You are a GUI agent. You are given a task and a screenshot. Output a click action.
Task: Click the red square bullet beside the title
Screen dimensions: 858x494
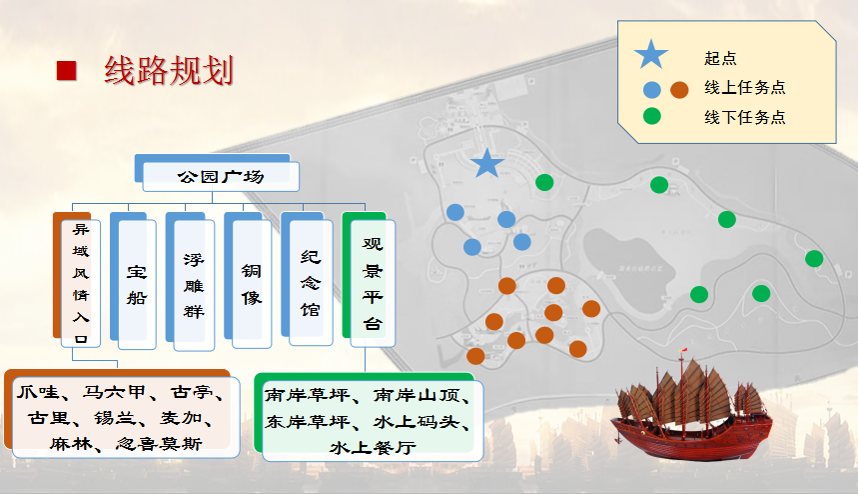point(66,71)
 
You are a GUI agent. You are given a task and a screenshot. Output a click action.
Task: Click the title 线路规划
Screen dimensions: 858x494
point(169,71)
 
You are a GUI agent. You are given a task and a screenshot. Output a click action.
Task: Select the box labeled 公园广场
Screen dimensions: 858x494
point(221,176)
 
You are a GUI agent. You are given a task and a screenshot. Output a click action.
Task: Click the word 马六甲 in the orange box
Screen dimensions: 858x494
point(114,392)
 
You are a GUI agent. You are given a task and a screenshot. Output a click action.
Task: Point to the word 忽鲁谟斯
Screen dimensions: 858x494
point(159,444)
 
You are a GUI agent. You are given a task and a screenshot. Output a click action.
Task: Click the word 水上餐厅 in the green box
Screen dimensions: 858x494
point(373,447)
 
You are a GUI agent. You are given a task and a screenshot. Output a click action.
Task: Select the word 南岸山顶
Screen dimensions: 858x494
point(417,395)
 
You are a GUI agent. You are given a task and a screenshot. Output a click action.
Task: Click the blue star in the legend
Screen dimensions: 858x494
point(651,54)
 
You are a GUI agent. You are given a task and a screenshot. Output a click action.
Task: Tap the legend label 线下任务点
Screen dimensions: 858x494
point(745,117)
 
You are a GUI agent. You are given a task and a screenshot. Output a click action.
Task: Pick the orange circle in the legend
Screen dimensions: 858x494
point(679,89)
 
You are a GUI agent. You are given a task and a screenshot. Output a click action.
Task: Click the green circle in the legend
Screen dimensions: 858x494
point(651,116)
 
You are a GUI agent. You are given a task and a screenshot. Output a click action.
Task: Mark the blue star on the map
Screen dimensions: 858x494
point(486,164)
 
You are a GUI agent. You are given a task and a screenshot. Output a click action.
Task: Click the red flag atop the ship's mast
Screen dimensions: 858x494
point(684,350)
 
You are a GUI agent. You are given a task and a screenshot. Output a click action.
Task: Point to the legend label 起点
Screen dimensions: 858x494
point(720,59)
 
